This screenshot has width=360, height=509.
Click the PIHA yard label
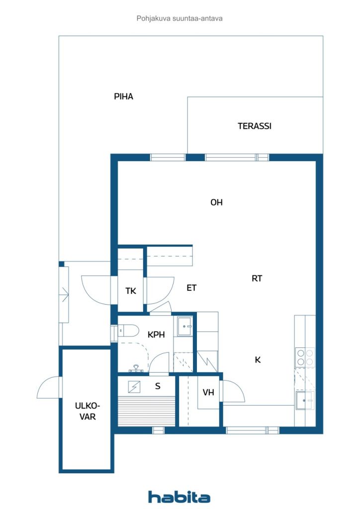123,97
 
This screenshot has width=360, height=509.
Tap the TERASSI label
254,126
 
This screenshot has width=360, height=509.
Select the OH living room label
216,203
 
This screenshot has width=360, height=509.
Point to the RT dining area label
257,279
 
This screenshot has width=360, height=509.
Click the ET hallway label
191,288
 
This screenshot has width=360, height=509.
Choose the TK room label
131,291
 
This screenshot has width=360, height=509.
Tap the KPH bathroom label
156,335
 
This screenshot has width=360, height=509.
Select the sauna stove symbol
134,386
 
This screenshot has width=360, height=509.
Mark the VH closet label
208,393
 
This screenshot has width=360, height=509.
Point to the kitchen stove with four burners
305,357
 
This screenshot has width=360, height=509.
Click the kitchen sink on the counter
304,399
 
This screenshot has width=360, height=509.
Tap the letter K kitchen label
258,360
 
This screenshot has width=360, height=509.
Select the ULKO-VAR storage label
85,411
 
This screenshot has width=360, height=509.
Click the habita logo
179,497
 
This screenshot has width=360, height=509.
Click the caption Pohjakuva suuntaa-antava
180,18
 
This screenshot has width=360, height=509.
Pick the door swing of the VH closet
234,392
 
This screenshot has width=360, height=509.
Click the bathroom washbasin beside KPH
185,327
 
